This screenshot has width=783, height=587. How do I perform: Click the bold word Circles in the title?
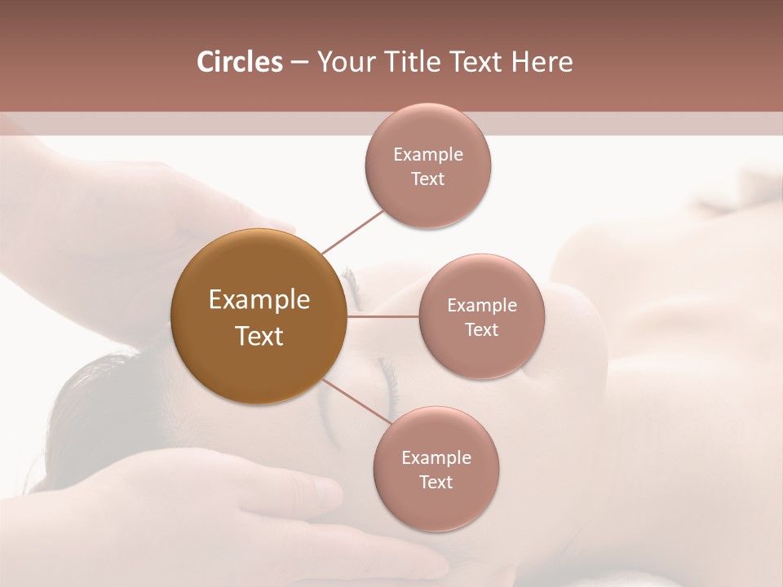[240, 62]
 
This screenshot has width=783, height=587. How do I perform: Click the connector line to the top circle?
[352, 231]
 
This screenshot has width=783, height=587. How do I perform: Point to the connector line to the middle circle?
[383, 316]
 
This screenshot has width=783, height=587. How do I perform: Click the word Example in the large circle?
[259, 300]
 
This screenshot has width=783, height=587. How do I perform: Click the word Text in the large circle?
[259, 336]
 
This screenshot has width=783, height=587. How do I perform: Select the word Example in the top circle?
[428, 155]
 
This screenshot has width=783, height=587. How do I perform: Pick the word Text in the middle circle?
[481, 330]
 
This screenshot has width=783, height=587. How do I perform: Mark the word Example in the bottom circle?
[436, 458]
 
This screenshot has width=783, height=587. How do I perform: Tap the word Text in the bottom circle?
[436, 483]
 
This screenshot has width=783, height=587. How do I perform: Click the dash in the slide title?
[299, 62]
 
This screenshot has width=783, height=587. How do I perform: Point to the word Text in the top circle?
[428, 179]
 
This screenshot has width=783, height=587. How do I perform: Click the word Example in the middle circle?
[481, 306]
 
